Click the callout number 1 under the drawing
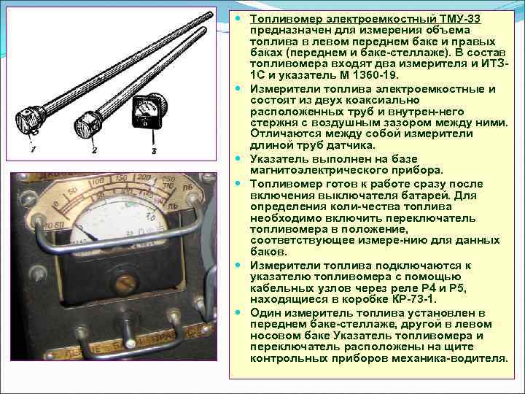point(33,149)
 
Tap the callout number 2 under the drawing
point(94,150)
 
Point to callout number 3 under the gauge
point(154,151)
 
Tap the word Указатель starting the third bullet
point(281,159)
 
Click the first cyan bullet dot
point(238,18)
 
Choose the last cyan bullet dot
point(238,312)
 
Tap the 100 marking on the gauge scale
point(98,182)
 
